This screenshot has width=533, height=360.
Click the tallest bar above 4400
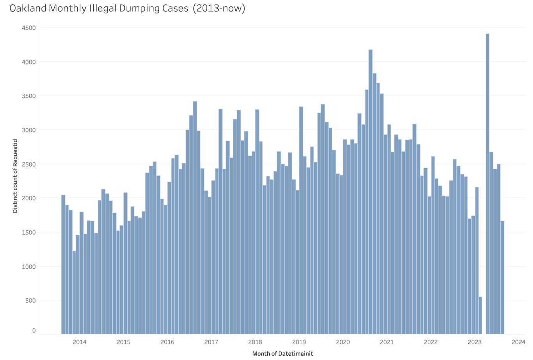pyautogui.click(x=487, y=184)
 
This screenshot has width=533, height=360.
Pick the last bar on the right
pyautogui.click(x=502, y=277)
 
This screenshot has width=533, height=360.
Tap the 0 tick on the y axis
pyautogui.click(x=34, y=330)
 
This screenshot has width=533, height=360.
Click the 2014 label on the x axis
pyautogui.click(x=80, y=342)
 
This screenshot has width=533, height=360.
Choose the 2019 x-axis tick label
pyautogui.click(x=299, y=342)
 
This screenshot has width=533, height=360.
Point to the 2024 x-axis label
pyautogui.click(x=519, y=342)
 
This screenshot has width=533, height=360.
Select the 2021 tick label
pyautogui.click(x=387, y=342)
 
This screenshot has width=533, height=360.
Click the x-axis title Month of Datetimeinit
pyautogui.click(x=282, y=354)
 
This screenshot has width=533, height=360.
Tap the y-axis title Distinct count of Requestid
pyautogui.click(x=15, y=176)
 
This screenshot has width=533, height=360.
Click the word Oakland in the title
pyautogui.click(x=28, y=8)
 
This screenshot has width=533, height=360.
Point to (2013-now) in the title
pyautogui.click(x=221, y=8)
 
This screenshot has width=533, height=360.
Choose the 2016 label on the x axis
pyautogui.click(x=167, y=342)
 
